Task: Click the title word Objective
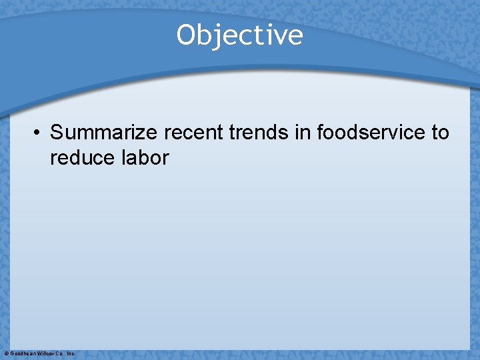pyautogui.click(x=239, y=35)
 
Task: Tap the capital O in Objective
pyautogui.click(x=186, y=35)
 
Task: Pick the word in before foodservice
pyautogui.click(x=306, y=133)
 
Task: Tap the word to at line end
pyautogui.click(x=441, y=133)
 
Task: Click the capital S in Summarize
pyautogui.click(x=57, y=133)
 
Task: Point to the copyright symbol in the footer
pyautogui.click(x=6, y=353)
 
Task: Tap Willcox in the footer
pyautogui.click(x=46, y=353)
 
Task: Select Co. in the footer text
pyautogui.click(x=61, y=353)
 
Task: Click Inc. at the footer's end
pyautogui.click(x=71, y=353)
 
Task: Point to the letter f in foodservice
pyautogui.click(x=320, y=133)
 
